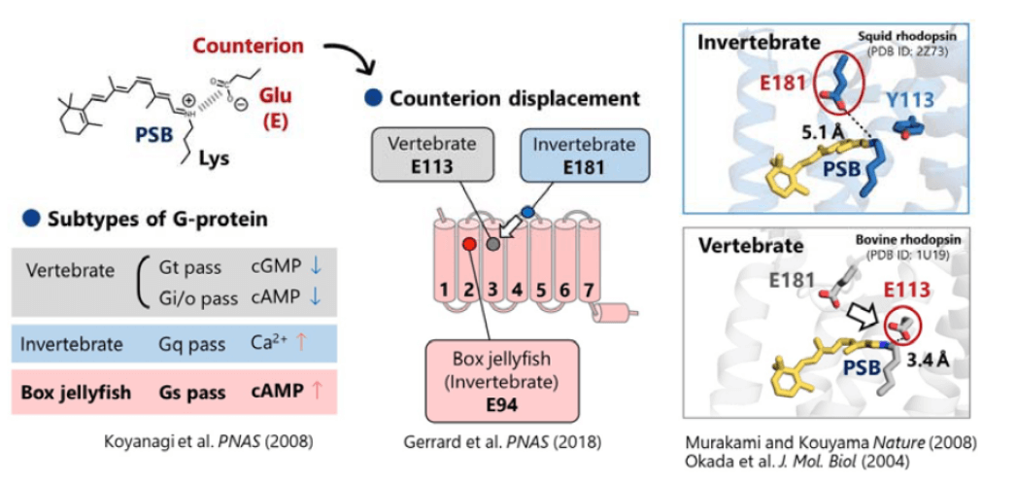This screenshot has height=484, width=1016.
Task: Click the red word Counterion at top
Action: (x=249, y=45)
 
